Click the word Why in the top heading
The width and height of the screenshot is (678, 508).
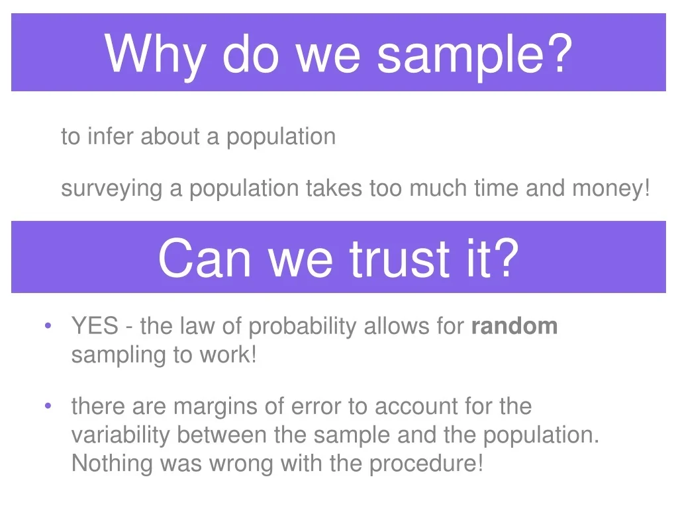[x=155, y=56]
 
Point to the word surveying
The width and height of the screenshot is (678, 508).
[x=111, y=189]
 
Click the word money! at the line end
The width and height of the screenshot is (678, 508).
[x=610, y=189]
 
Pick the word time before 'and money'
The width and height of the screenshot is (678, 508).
[x=496, y=188]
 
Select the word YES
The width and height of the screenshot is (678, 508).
[x=95, y=325]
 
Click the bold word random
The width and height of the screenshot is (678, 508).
[x=514, y=326]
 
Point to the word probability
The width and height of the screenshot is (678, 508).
[x=302, y=327]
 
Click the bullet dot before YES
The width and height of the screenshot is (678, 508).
[x=48, y=325]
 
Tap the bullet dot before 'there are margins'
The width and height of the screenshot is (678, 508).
[x=48, y=405]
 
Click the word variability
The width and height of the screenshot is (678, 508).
[x=121, y=435]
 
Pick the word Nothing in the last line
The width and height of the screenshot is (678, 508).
[x=112, y=464]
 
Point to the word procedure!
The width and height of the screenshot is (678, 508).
[x=426, y=464]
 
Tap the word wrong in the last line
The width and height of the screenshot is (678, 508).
[x=241, y=465]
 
